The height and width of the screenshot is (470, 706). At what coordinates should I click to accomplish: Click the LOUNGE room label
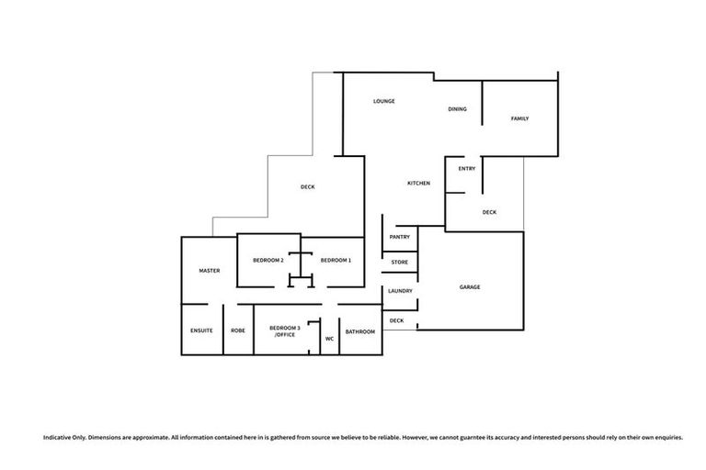pos(383,101)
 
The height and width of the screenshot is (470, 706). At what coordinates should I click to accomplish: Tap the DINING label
pos(457,109)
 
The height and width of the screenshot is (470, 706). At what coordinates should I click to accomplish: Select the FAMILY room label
pos(519,118)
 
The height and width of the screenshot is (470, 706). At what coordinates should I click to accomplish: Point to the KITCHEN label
pos(418,184)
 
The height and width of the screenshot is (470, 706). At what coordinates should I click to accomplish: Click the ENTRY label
pos(466,168)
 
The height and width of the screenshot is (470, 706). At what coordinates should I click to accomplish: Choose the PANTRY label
pos(399,236)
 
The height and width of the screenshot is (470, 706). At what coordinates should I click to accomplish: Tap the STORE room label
pos(399,263)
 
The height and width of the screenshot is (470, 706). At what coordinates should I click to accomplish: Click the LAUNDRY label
pos(400,291)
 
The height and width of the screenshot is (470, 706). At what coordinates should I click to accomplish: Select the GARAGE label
pos(470,287)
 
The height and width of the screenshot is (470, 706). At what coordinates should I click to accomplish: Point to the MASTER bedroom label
pos(210,271)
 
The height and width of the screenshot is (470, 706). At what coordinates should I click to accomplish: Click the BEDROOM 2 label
pos(268,261)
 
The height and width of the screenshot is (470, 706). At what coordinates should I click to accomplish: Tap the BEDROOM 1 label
pos(336,261)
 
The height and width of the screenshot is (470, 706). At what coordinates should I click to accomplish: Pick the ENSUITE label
pos(201,330)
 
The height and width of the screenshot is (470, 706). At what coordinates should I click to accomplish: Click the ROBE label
pos(237,330)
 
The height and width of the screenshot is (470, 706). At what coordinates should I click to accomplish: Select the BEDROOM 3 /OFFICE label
pos(284,331)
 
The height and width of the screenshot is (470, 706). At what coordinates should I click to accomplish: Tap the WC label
pos(329,338)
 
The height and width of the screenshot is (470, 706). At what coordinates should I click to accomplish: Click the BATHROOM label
pos(359,330)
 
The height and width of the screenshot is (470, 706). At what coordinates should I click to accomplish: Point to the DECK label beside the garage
pos(397,320)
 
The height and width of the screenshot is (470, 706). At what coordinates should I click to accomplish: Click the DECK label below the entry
pos(489,212)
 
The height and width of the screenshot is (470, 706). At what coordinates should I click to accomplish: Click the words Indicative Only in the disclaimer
pos(63,437)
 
